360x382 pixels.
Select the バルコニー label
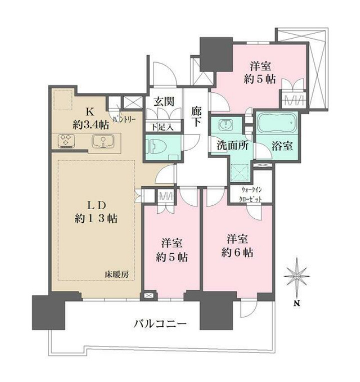click(160, 324)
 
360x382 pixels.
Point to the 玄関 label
click(163, 102)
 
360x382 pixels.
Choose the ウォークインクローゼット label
click(250, 193)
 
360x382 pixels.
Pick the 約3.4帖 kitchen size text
click(89, 125)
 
